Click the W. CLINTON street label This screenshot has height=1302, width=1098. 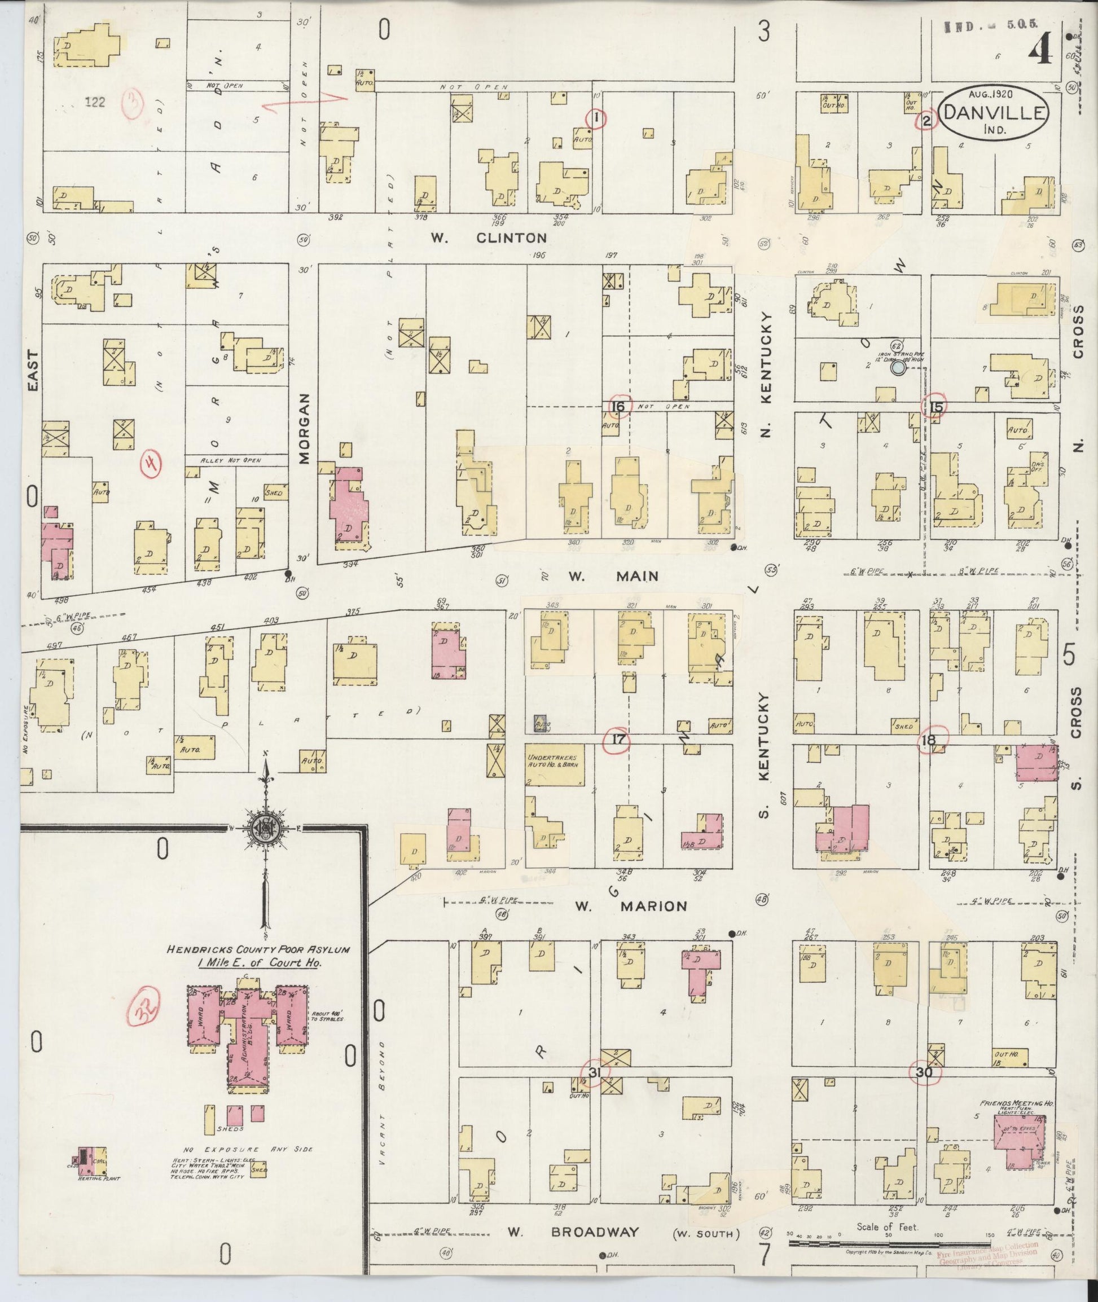click(490, 237)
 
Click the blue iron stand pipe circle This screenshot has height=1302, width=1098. click(898, 368)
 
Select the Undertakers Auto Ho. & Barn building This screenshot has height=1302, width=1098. click(555, 764)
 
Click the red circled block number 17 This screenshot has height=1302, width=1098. click(619, 740)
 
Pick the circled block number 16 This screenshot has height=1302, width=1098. click(619, 407)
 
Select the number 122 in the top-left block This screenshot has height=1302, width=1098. click(95, 103)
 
